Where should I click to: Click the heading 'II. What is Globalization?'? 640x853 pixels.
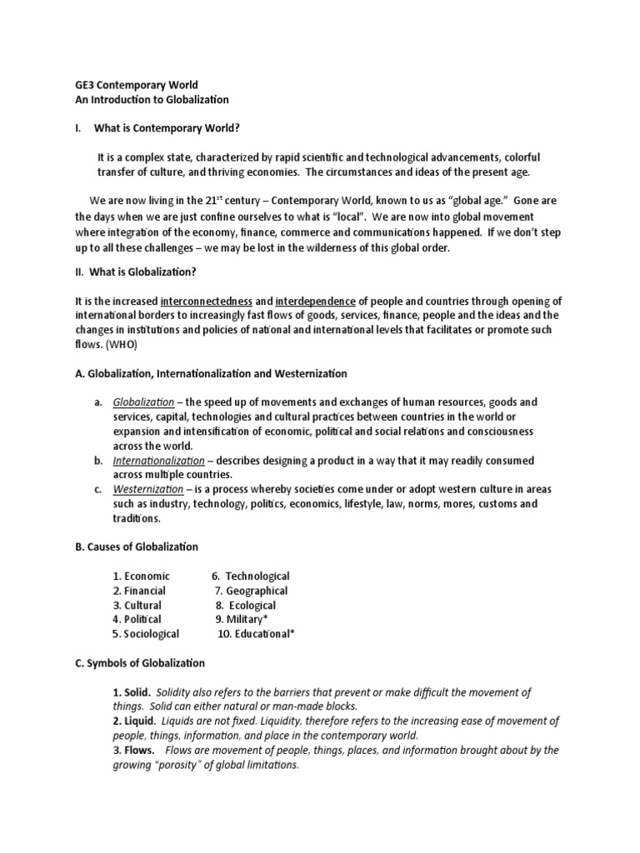coord(137,271)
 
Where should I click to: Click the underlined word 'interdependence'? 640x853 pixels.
coord(316,301)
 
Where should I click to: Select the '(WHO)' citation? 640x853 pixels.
coord(122,344)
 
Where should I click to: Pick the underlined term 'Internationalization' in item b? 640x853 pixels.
coord(158,461)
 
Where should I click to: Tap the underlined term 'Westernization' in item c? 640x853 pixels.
coord(147,489)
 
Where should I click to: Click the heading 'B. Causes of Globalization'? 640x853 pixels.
coord(137,546)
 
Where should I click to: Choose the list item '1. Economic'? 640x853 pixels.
coord(142,576)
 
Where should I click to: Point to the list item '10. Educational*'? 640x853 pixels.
coord(257,634)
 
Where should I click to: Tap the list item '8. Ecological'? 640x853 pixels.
coord(246,606)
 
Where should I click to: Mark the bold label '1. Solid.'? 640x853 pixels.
coord(132,692)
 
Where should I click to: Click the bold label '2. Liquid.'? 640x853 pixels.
coord(134,721)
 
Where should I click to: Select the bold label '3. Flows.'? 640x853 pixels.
coord(133,751)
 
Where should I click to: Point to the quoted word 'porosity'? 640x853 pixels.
coord(187,765)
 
